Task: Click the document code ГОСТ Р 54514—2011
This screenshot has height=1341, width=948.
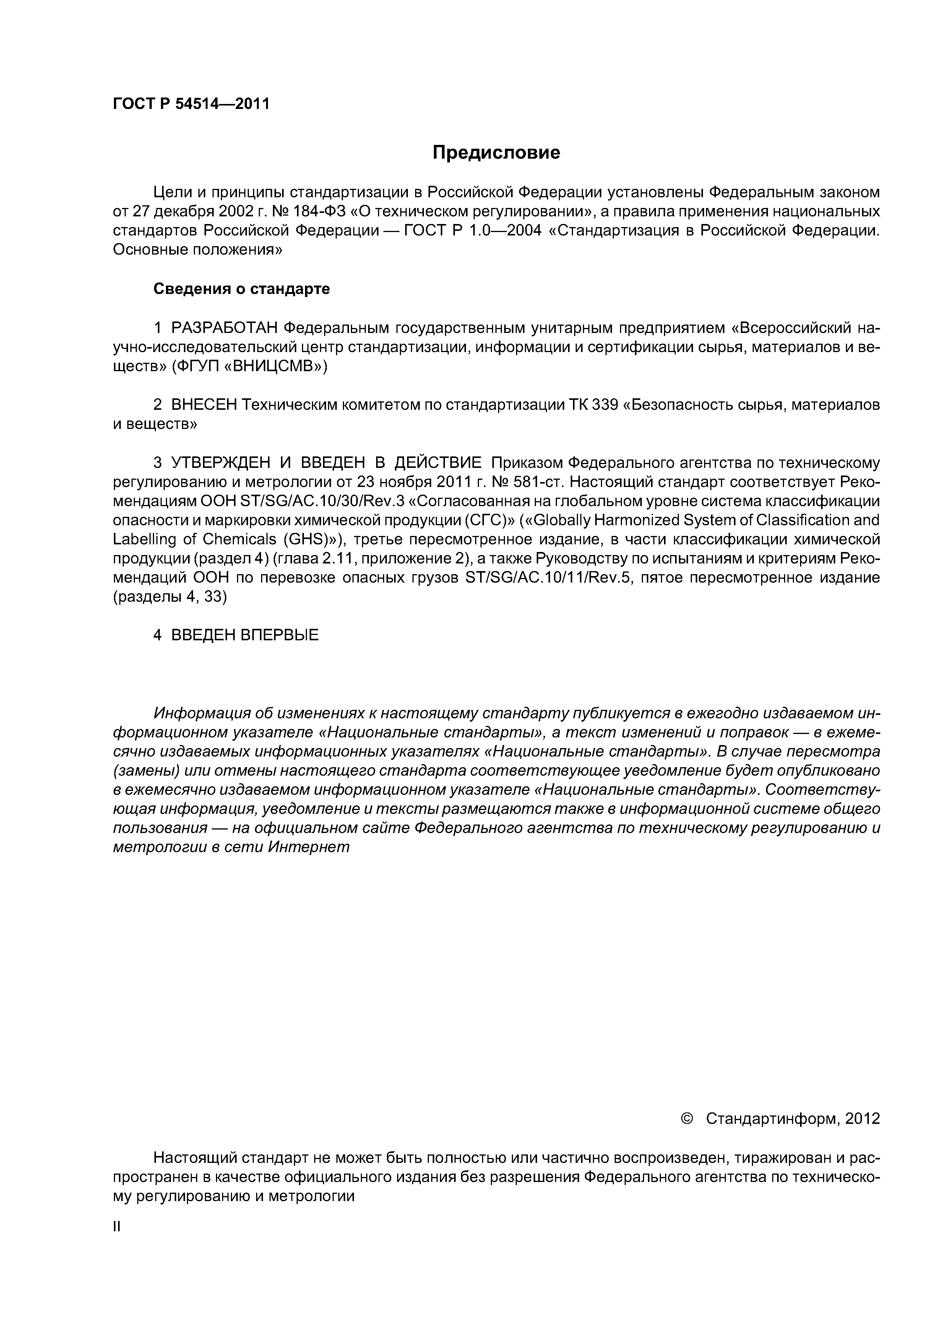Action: pos(191,104)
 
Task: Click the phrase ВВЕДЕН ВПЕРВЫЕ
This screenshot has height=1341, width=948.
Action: pos(245,635)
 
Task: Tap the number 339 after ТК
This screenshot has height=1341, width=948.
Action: pos(605,405)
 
